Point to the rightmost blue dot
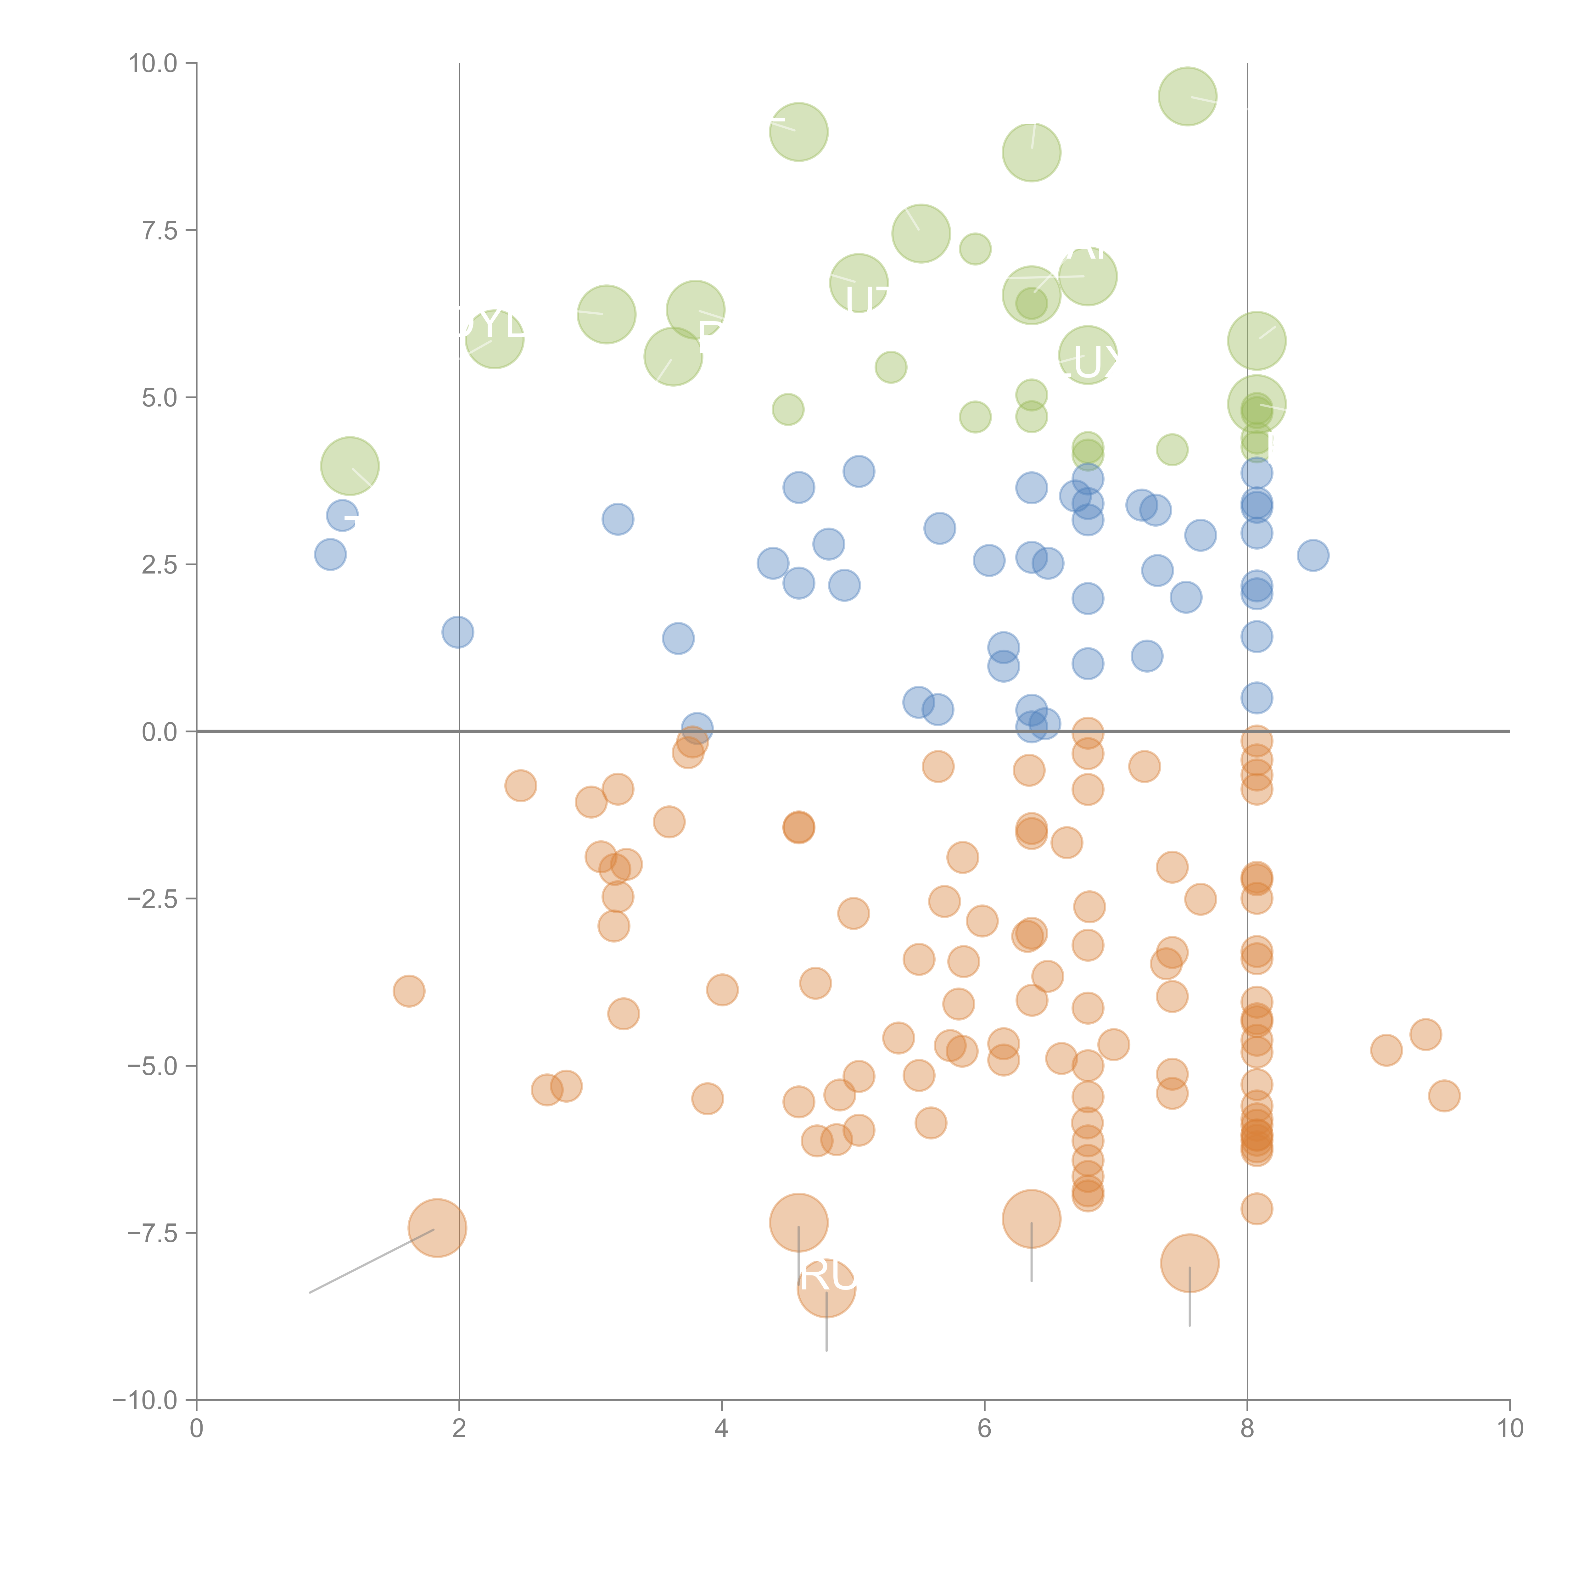coord(1313,555)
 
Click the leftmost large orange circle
coord(437,1228)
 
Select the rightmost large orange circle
coord(1190,1263)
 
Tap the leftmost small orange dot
coord(409,991)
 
